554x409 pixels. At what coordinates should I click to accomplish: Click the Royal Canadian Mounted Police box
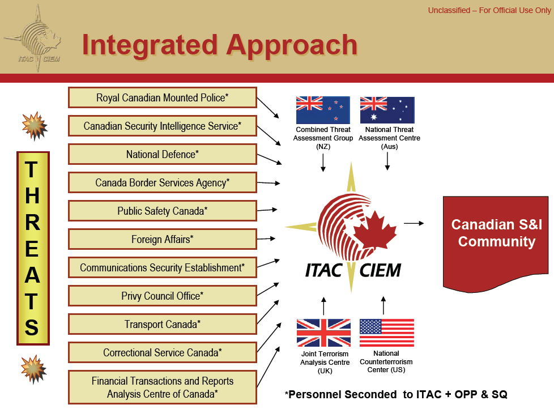pos(162,97)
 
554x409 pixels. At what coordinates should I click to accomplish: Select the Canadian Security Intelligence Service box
pos(162,126)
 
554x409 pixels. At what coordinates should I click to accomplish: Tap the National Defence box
pos(162,154)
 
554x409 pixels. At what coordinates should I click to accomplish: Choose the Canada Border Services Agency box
pos(162,182)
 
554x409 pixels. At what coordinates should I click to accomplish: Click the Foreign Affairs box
pos(162,239)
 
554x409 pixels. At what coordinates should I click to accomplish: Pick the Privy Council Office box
pos(162,296)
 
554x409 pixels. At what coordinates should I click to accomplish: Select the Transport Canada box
pos(162,324)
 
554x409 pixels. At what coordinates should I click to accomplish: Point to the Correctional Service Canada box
pos(162,352)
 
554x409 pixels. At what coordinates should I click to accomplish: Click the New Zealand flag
pos(323,110)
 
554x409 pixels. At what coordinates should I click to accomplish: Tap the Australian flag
pos(387,110)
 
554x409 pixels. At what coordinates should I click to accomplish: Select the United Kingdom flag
pos(323,333)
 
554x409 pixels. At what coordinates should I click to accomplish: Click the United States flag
pos(386,333)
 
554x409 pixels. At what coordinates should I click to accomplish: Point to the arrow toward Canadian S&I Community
pos(414,223)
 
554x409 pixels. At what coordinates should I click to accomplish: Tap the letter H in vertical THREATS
pos(33,195)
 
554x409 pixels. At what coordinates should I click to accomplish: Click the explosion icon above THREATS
pos(33,126)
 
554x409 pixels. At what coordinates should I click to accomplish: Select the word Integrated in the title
pos(150,45)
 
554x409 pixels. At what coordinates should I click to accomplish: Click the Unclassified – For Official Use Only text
pos(489,11)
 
